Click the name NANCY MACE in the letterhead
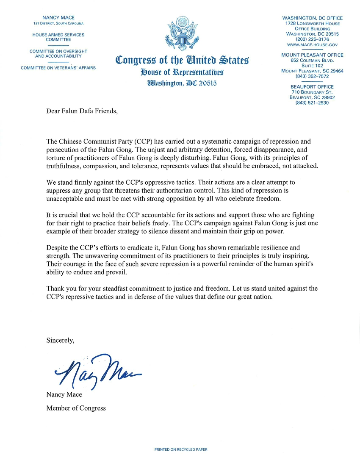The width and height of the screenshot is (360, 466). pos(58,18)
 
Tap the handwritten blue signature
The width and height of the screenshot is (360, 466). pos(97,371)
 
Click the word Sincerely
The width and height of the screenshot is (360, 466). pos(60,340)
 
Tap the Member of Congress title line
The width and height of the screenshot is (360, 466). pos(76,408)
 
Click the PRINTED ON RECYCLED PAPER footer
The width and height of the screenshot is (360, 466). pos(181,449)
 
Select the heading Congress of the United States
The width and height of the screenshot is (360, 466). pos(182,60)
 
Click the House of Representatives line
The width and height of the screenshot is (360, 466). pos(182,72)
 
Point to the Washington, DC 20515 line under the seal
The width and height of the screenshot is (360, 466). pos(182,83)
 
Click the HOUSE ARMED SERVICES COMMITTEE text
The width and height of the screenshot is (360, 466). pos(58,37)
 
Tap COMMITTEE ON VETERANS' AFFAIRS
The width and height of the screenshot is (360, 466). pos(58,68)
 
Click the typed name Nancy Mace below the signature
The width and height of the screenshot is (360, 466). pos(64,395)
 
